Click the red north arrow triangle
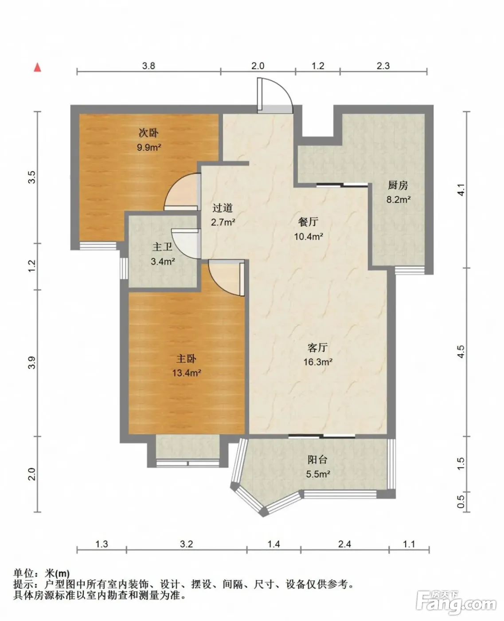(37, 67)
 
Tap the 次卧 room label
(148, 133)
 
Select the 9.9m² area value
(149, 147)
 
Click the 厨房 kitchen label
(398, 185)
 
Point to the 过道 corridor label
(223, 208)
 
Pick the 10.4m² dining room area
(309, 236)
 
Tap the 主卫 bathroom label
(163, 247)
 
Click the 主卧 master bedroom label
(186, 358)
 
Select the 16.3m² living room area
(318, 362)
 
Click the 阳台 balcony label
(317, 460)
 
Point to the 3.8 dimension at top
(148, 66)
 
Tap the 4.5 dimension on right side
(461, 352)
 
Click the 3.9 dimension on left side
(32, 363)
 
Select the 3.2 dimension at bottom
(187, 544)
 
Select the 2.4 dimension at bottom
(344, 544)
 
